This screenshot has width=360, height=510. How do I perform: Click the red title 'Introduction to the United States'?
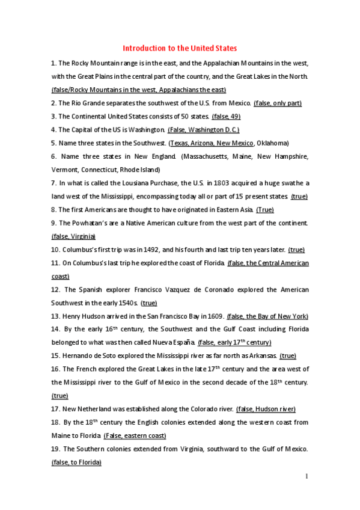point(180,48)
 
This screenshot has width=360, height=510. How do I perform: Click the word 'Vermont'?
point(64,170)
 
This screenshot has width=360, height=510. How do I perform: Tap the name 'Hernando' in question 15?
point(79,355)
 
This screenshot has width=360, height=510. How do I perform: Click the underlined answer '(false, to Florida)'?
point(76,462)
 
